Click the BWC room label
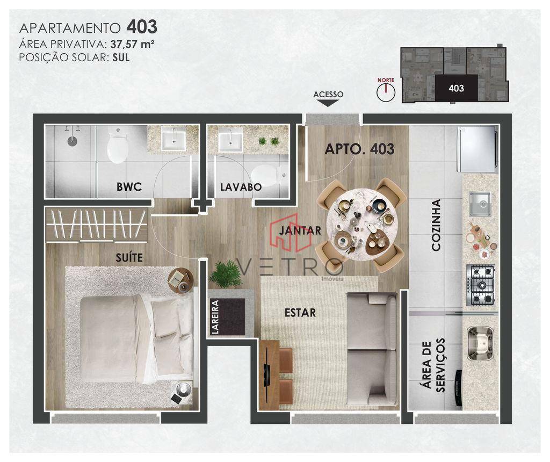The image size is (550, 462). click(x=129, y=187)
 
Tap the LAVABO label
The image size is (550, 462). click(x=241, y=187)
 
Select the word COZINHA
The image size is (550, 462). click(x=436, y=226)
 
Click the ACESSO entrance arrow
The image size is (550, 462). click(x=328, y=103)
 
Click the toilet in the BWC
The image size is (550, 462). click(x=117, y=147)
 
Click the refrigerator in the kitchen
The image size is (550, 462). click(x=477, y=149)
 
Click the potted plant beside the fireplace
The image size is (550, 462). click(x=225, y=274)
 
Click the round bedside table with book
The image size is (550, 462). click(x=180, y=279)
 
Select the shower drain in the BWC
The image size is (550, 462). click(x=73, y=141)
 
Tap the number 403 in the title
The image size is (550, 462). click(x=142, y=27)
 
